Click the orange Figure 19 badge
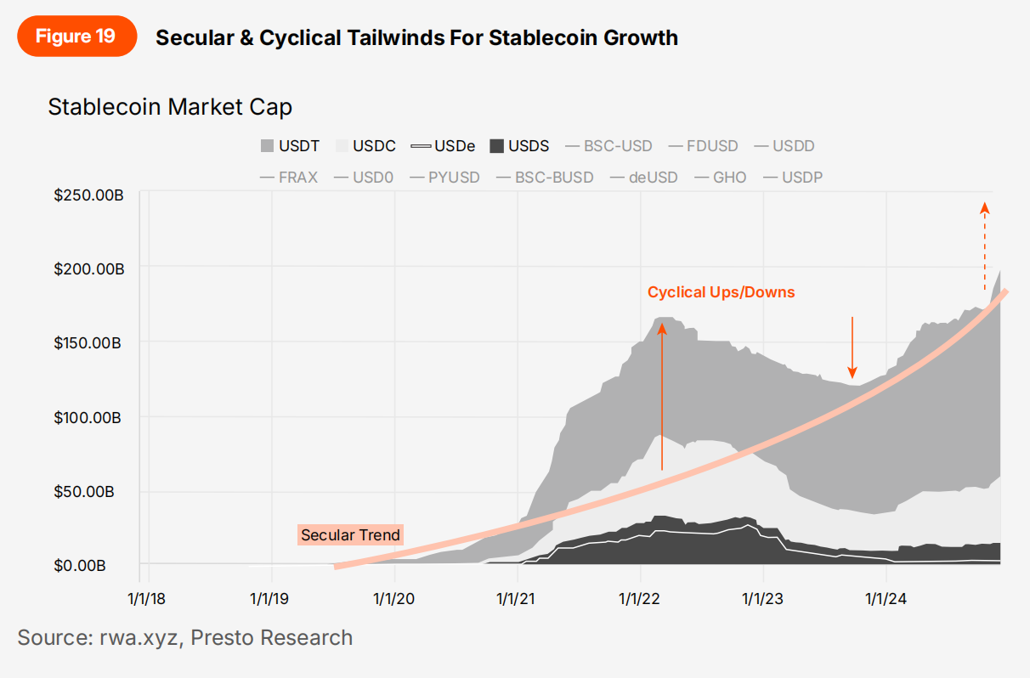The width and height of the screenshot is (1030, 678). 76,37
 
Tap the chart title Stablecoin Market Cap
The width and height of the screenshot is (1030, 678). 170,107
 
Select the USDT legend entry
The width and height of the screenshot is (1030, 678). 290,146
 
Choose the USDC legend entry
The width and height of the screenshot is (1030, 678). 366,146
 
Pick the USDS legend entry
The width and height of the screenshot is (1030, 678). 519,146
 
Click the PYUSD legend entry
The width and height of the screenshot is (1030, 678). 444,178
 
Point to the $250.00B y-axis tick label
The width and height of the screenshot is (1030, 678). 89,195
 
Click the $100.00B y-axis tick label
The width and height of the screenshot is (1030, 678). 89,417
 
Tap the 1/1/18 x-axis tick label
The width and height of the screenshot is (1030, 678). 147,599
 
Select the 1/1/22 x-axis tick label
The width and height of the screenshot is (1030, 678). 640,599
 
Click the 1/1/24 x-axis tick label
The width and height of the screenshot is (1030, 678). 886,599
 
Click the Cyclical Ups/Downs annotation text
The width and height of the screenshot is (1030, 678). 721,292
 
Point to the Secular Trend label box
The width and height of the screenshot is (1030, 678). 350,535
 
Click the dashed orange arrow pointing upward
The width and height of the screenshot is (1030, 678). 985,246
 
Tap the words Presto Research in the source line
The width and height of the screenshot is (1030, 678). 272,637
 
